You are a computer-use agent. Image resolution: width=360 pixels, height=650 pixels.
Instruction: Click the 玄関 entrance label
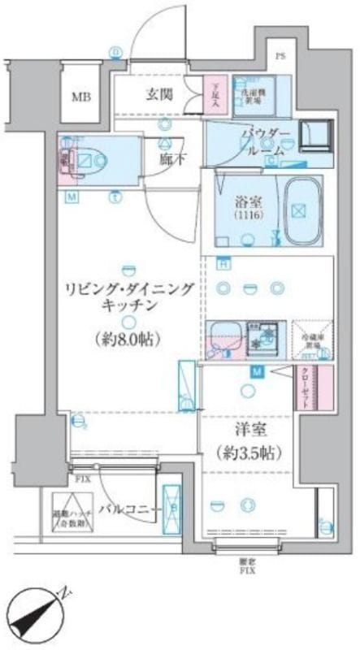point(158,93)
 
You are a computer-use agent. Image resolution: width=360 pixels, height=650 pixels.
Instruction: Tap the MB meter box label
point(80,97)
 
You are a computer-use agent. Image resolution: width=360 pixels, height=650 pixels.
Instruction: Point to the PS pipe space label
point(280,57)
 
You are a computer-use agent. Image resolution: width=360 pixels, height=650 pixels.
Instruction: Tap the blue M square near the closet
point(279,372)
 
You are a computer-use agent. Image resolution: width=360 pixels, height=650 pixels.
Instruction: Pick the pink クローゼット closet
point(324,388)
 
